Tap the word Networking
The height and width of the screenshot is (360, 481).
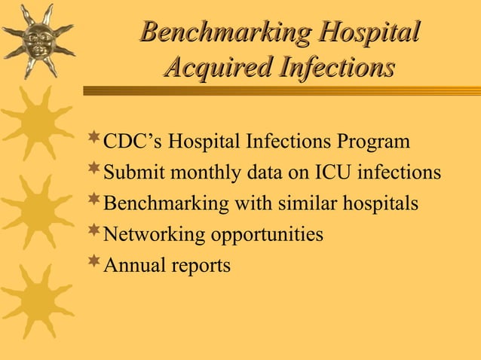coord(149,235)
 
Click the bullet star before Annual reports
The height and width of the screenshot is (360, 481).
coord(94,261)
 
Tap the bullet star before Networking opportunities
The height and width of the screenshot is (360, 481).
coord(94,230)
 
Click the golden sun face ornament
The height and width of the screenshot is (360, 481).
coord(37,38)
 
